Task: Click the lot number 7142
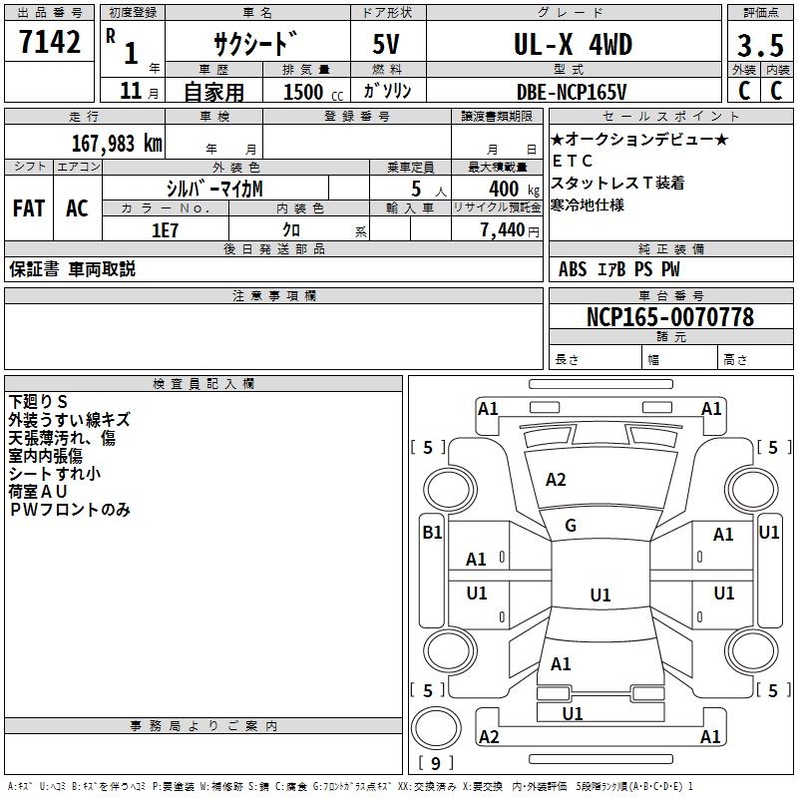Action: click(50, 44)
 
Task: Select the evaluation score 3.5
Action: click(759, 46)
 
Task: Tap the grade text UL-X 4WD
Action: click(573, 45)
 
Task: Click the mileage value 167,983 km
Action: click(118, 144)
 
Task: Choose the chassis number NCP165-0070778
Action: click(670, 317)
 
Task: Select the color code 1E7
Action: click(164, 229)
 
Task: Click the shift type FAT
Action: click(28, 208)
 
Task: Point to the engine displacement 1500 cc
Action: click(309, 92)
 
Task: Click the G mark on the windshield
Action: click(571, 525)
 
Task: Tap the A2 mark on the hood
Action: click(556, 480)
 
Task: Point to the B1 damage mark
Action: click(432, 533)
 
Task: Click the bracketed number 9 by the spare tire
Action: click(434, 764)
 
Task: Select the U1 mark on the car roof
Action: click(599, 596)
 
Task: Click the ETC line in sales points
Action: click(573, 161)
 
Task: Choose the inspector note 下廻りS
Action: click(38, 401)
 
